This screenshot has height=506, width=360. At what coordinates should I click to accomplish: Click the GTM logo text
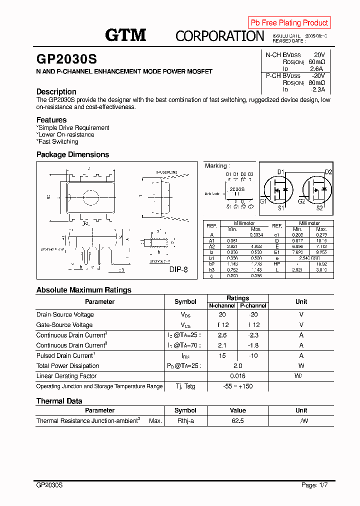125,35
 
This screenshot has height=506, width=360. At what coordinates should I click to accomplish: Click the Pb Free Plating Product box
289,22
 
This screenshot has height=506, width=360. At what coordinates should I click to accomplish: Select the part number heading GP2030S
66,59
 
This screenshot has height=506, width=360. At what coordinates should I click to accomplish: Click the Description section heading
56,91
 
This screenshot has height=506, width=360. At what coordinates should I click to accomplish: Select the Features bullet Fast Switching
58,141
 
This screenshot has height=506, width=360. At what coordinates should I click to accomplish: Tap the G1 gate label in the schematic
263,201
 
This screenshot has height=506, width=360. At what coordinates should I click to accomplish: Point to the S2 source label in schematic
320,207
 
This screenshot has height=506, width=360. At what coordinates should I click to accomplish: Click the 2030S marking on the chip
236,189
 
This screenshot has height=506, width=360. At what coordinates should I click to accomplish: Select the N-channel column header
222,305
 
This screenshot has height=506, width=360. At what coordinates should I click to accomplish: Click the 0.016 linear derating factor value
237,376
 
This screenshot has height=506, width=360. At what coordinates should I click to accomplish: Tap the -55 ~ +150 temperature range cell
237,386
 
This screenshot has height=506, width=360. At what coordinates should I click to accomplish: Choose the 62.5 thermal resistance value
237,421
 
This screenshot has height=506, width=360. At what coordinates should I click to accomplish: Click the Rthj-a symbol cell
185,421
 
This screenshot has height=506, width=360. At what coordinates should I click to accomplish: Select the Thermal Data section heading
59,401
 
